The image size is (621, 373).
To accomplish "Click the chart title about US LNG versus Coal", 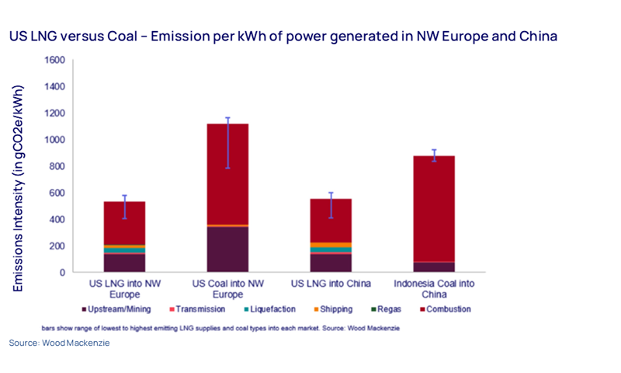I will pos(283,37).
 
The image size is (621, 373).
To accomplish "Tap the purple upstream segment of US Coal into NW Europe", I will pos(227,249).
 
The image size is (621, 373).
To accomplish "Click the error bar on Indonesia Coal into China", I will pos(435,155).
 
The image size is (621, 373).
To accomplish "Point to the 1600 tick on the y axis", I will pos(54,60).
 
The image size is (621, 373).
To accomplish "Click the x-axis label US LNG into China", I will pos(331,283).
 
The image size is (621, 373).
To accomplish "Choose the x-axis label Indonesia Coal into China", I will pos(435,288).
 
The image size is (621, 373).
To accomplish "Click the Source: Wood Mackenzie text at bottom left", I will pos(54,343).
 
